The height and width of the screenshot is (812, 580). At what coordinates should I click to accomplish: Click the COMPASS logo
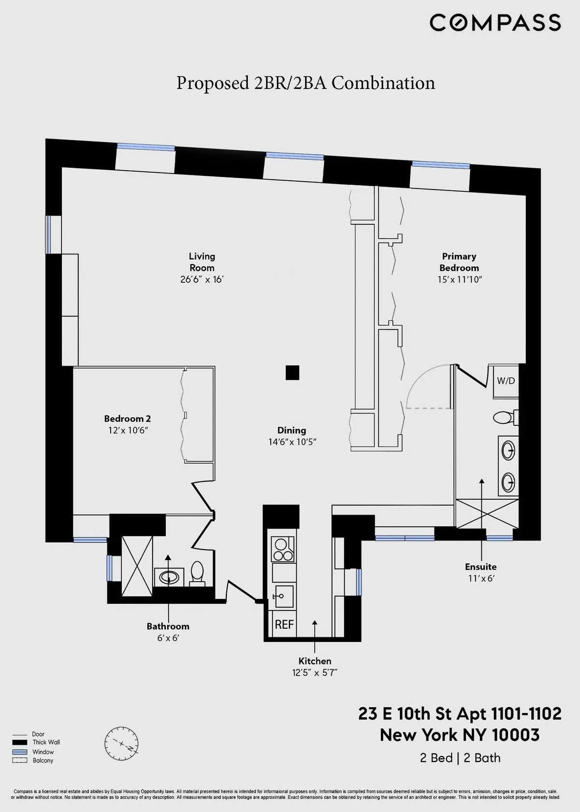click(x=495, y=23)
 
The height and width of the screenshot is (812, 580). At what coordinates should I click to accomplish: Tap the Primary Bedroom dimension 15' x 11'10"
click(x=459, y=279)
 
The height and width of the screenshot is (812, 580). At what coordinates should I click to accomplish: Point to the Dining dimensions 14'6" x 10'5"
click(x=292, y=442)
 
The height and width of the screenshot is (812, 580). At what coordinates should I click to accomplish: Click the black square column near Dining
click(x=292, y=373)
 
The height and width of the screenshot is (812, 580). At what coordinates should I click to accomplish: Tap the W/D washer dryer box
click(x=506, y=381)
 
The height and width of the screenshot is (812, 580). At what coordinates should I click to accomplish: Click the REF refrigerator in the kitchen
click(x=284, y=624)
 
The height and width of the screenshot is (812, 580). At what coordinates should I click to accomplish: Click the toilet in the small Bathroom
click(x=197, y=572)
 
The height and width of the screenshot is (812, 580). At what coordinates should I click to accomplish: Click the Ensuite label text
click(x=480, y=566)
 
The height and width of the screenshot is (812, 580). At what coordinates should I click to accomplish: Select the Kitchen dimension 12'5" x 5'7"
click(x=315, y=673)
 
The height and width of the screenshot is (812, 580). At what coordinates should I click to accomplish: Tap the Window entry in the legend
click(x=43, y=752)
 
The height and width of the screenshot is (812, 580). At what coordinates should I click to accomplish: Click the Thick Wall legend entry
click(x=46, y=742)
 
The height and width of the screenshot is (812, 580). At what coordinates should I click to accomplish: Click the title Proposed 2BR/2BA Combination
click(x=305, y=83)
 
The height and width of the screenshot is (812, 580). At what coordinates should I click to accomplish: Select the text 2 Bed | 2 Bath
click(x=460, y=758)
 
